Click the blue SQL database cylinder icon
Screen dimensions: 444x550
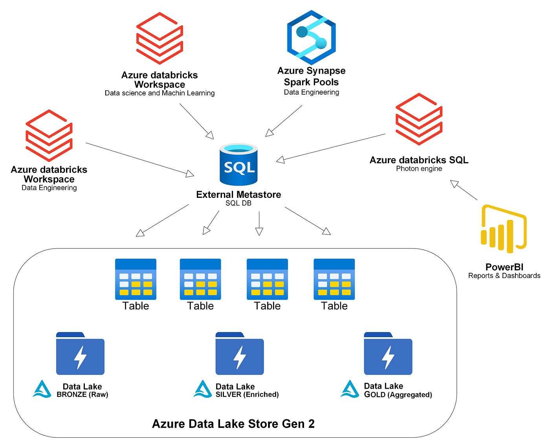click(x=238, y=165)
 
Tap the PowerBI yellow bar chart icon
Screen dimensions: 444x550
click(x=504, y=228)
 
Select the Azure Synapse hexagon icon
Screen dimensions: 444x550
click(x=311, y=38)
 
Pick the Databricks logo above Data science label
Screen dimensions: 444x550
click(x=159, y=38)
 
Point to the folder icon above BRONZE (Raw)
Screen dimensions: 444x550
click(x=80, y=353)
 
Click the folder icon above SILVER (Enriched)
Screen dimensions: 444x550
click(x=240, y=353)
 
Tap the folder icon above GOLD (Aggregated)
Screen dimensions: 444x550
click(x=388, y=353)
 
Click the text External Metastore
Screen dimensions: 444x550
click(x=238, y=195)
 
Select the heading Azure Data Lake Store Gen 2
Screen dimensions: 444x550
click(x=233, y=424)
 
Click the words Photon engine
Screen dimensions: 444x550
click(x=419, y=169)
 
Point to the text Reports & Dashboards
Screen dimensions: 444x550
click(x=504, y=276)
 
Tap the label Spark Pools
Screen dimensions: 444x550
click(x=311, y=82)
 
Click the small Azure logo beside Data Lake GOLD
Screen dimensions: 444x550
click(x=350, y=389)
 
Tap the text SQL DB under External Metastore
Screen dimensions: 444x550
click(x=238, y=203)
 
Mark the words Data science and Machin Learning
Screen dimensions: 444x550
click(x=159, y=93)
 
